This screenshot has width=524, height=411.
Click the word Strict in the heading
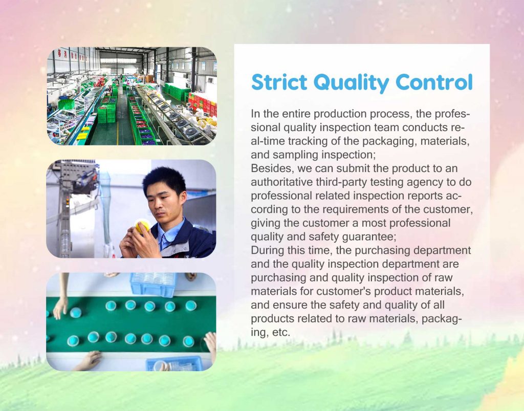[x=278, y=82]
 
